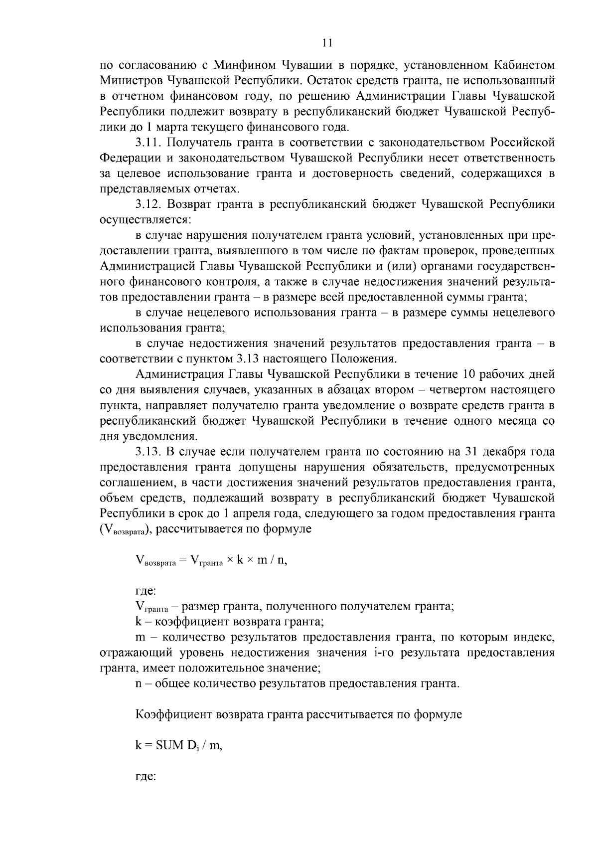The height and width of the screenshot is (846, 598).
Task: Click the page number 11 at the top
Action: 327,43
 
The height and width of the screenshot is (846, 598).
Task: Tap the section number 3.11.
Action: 149,143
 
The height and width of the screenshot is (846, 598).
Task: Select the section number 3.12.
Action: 149,204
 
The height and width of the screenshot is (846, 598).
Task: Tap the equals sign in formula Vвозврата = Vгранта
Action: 182,560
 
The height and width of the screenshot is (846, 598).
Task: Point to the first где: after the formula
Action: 146,592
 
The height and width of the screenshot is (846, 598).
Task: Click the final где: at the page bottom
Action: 146,777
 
